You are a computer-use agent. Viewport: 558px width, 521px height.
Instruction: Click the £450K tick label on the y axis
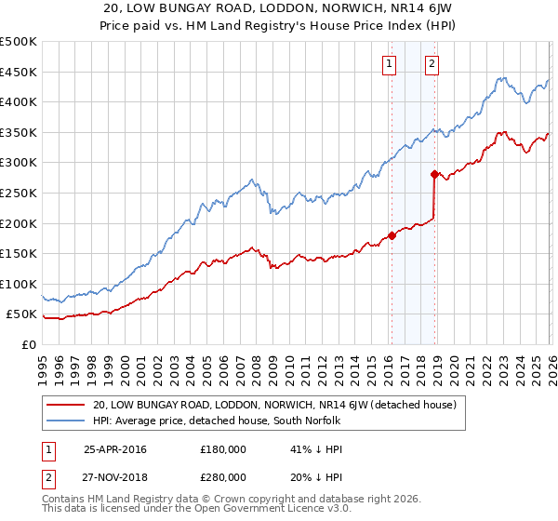(x=19, y=72)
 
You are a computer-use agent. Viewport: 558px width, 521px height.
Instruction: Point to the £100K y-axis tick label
(x=19, y=284)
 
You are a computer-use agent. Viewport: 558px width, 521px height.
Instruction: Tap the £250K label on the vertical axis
(x=19, y=193)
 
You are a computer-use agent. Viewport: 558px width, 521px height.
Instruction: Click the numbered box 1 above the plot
(x=388, y=64)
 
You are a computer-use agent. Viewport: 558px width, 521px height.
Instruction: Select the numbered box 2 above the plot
(x=432, y=64)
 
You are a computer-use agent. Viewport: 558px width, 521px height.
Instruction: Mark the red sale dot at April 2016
(x=392, y=235)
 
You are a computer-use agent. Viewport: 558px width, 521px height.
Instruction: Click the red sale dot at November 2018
(x=434, y=174)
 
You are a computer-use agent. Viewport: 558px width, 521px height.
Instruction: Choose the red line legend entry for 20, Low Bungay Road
(x=274, y=405)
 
